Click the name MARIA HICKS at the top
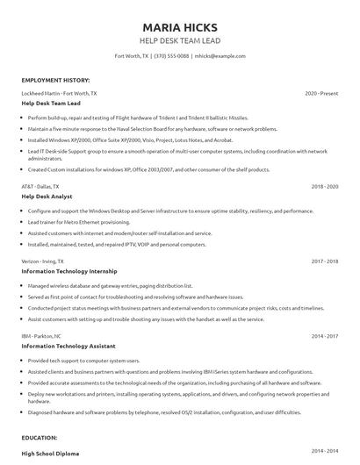click(180, 27)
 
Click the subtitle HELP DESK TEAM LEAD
click(180, 41)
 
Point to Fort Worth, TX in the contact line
click(132, 55)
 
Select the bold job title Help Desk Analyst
click(48, 197)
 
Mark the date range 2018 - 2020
click(324, 187)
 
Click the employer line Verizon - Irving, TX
click(43, 261)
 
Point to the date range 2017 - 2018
click(324, 261)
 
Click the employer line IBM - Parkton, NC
click(41, 335)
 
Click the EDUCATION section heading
click(40, 437)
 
